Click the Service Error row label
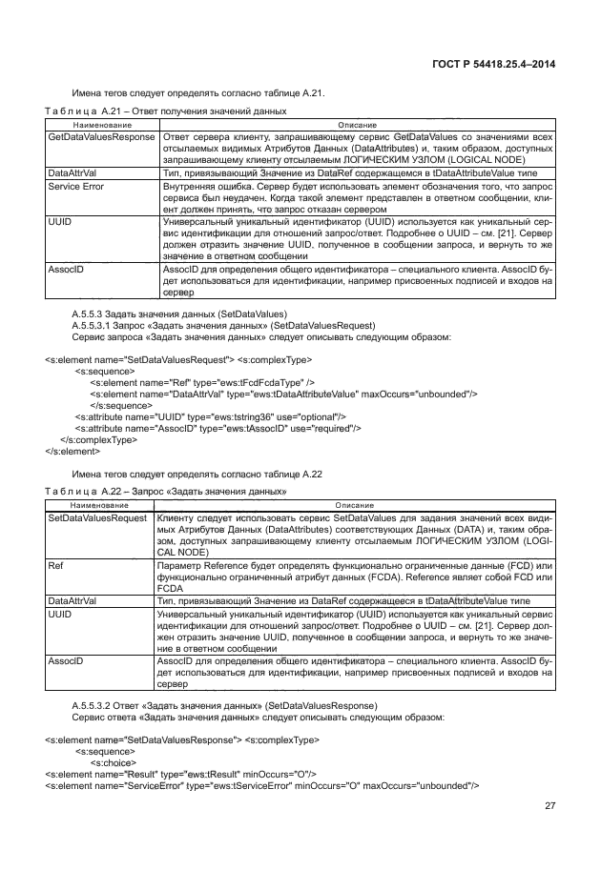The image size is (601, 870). (x=76, y=187)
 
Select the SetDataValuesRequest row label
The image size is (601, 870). (x=97, y=517)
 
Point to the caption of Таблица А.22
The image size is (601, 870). (x=167, y=492)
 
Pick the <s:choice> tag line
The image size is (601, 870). (x=112, y=762)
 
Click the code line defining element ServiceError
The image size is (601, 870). (x=262, y=785)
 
